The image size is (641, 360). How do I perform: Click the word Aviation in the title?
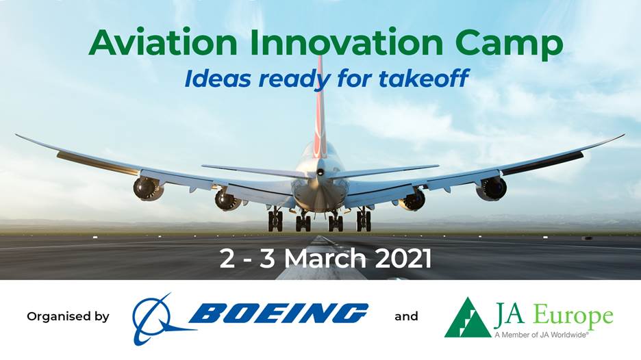coord(162,42)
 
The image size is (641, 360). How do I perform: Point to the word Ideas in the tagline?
coord(218,78)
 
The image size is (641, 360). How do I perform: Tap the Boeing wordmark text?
coord(279,313)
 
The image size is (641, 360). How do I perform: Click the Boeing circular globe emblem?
coord(158,319)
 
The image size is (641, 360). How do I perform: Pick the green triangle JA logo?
coord(468,318)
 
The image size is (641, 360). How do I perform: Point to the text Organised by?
coord(68,317)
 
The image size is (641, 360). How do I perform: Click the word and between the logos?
coord(406,317)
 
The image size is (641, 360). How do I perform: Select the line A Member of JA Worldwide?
coord(542,335)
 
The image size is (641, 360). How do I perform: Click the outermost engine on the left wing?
coord(148,188)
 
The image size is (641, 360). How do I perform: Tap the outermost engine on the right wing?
coord(492,189)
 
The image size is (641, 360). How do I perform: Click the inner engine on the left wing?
coord(227,201)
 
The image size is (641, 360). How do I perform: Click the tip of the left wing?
coord(16,135)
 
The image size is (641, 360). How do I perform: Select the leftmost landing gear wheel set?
coord(275,220)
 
